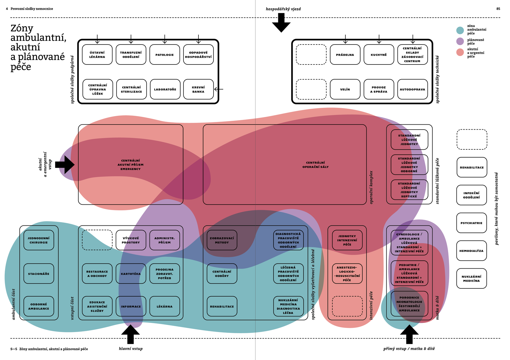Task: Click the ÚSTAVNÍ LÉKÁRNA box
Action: pyautogui.click(x=97, y=55)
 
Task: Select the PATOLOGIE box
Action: pyautogui.click(x=165, y=55)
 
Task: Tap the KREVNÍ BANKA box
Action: pyautogui.click(x=198, y=89)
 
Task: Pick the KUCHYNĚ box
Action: pyautogui.click(x=379, y=55)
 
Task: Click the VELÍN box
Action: pyautogui.click(x=345, y=89)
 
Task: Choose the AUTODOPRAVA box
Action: pyautogui.click(x=413, y=89)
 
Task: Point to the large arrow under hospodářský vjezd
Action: pyautogui.click(x=281, y=23)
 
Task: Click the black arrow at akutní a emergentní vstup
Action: pyautogui.click(x=65, y=165)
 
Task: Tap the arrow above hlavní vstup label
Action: pyautogui.click(x=130, y=334)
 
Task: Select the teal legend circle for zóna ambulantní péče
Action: pyautogui.click(x=460, y=30)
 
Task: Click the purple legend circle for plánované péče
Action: pyautogui.click(x=460, y=41)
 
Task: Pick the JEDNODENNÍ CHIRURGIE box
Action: pyautogui.click(x=39, y=240)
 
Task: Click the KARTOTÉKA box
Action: pyautogui.click(x=131, y=274)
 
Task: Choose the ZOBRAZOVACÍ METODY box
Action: pyautogui.click(x=222, y=240)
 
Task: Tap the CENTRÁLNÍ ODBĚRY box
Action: pyautogui.click(x=222, y=274)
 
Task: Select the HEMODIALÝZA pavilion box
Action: pyautogui.click(x=471, y=251)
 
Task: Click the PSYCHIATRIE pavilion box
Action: pyautogui.click(x=471, y=223)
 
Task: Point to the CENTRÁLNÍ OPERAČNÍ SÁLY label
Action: pyautogui.click(x=315, y=165)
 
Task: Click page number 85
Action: pyautogui.click(x=498, y=9)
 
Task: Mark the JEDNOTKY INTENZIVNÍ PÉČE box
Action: pyautogui.click(x=347, y=240)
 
